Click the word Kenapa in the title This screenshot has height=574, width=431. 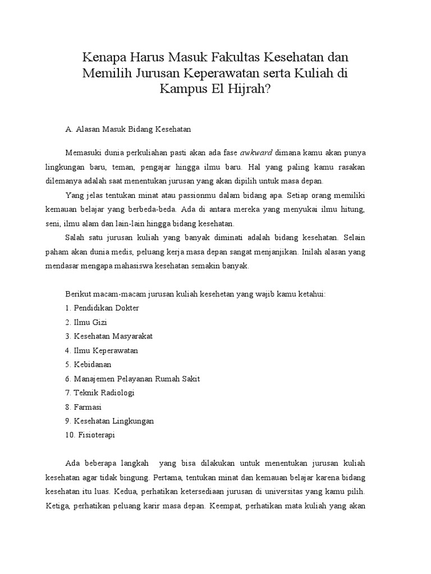click(x=104, y=58)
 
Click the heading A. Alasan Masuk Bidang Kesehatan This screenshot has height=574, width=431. click(x=129, y=129)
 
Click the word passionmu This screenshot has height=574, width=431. click(x=192, y=196)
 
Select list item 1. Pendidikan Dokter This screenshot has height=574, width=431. click(x=102, y=308)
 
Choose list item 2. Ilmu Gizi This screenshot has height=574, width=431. click(x=86, y=322)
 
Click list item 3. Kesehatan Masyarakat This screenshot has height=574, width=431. click(x=109, y=336)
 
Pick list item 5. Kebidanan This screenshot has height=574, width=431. click(x=88, y=364)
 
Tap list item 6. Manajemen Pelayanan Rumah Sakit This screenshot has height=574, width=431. click(x=132, y=379)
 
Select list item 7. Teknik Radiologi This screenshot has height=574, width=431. click(x=100, y=392)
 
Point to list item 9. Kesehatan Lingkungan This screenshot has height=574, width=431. click(x=109, y=421)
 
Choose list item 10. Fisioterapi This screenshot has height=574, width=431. click(x=90, y=435)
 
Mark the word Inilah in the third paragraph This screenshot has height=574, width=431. click(x=313, y=252)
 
